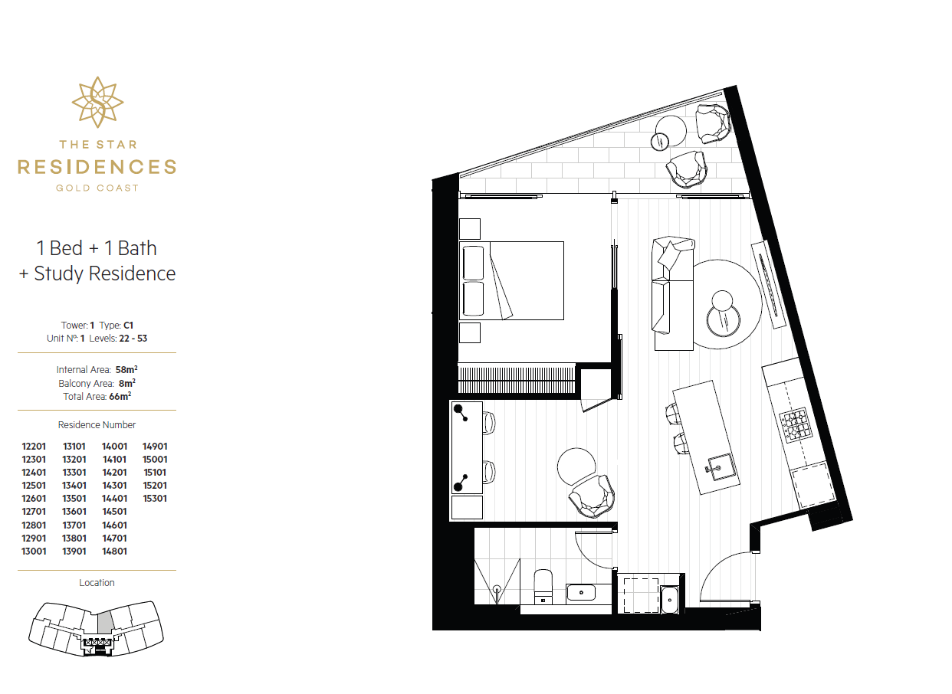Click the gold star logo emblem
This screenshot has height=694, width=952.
tap(97, 102)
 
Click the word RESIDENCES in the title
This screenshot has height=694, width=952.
tap(97, 167)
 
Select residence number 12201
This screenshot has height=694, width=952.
tap(34, 447)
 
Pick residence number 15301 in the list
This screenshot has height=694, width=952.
tap(155, 498)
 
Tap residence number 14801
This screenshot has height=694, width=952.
tap(114, 552)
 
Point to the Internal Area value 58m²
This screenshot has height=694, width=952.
tap(126, 369)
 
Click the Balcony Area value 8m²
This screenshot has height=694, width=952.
tap(127, 383)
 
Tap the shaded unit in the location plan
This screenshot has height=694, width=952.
tap(104, 623)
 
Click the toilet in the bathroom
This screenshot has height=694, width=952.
tap(543, 586)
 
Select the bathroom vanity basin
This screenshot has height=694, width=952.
tap(580, 592)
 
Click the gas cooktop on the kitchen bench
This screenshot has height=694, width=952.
tap(796, 424)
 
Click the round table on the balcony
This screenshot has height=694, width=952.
tap(670, 131)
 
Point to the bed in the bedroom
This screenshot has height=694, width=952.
tap(512, 280)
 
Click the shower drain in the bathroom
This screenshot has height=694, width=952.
tap(497, 589)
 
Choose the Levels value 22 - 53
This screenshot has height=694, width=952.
tap(133, 339)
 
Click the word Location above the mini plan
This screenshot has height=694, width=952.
tap(97, 583)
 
